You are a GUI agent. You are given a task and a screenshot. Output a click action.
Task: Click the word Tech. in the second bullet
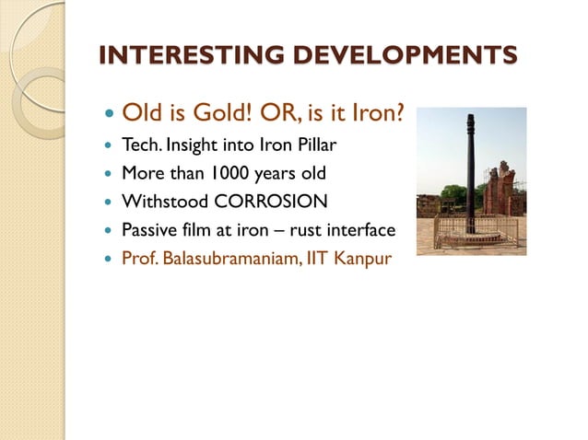click(x=141, y=147)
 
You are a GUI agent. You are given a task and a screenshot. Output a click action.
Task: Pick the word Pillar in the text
click(x=316, y=147)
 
